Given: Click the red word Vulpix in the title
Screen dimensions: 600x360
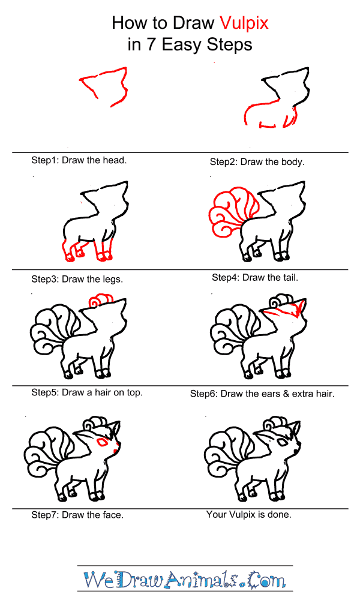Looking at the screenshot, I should point(244,23).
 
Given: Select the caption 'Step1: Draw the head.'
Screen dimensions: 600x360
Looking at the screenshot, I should point(79,160).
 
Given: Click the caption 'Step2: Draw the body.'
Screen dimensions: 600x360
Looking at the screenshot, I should point(257,161).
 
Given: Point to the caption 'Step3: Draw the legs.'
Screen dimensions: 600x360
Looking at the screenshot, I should point(77,279).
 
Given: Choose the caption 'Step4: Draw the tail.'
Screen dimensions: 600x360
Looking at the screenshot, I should point(255,278).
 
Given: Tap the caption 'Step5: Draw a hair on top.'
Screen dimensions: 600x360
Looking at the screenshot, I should point(87,393).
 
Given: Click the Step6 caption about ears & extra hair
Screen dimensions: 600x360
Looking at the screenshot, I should point(262,394).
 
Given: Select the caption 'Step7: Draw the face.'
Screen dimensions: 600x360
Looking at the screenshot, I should point(77,515).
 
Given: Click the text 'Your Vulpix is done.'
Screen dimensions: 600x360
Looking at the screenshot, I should point(249,514).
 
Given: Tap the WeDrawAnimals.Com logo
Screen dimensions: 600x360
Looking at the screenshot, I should point(185,580).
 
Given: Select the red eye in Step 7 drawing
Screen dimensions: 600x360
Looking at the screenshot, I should point(103,443).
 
